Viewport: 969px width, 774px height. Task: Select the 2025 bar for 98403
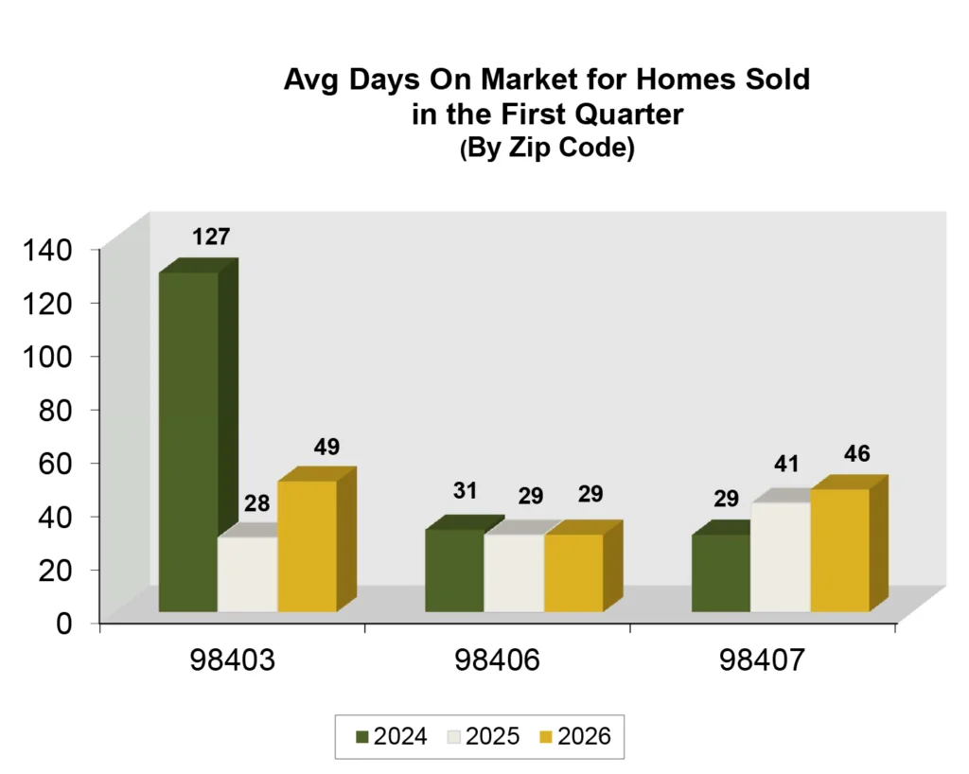pyautogui.click(x=247, y=574)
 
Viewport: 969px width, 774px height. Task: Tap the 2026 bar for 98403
pyautogui.click(x=307, y=546)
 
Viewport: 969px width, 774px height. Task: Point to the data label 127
pyautogui.click(x=211, y=237)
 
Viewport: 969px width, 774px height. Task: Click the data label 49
pyautogui.click(x=326, y=447)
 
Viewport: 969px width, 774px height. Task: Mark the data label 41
pyautogui.click(x=787, y=465)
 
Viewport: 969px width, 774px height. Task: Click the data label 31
pyautogui.click(x=465, y=491)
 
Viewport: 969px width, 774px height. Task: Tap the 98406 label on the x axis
pyautogui.click(x=498, y=661)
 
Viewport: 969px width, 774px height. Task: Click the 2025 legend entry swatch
pyautogui.click(x=451, y=737)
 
